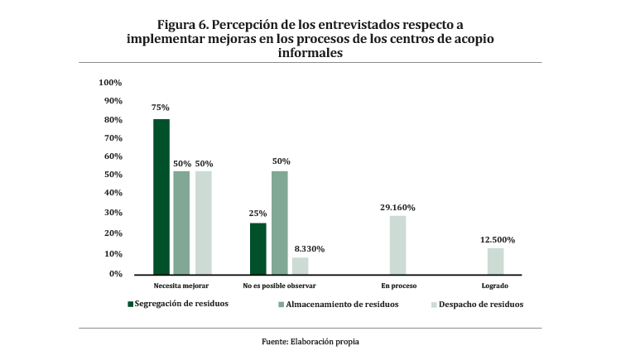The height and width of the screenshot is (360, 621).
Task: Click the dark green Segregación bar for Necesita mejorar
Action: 161,197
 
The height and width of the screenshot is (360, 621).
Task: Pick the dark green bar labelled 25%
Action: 258,248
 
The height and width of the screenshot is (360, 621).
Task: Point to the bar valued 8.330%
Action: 300,266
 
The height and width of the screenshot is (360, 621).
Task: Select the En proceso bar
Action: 398,245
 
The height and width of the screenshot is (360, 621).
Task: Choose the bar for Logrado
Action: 495,261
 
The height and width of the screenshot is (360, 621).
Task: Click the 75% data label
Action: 161,108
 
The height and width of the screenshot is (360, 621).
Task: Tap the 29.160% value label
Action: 398,207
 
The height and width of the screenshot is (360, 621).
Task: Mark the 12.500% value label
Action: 497,240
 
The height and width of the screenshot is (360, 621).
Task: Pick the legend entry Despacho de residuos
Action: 481,304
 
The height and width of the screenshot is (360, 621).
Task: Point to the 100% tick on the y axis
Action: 110,83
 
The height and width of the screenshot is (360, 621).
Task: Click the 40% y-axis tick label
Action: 112,194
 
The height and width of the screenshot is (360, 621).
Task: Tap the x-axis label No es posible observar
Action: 279,286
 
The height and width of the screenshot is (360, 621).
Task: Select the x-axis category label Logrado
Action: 495,286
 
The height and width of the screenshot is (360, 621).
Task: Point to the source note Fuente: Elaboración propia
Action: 310,341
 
